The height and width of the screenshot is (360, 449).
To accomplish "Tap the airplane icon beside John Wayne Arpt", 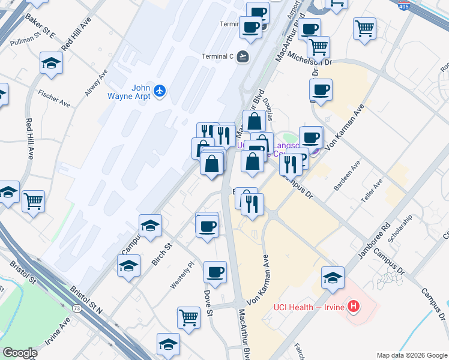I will coord(159,91).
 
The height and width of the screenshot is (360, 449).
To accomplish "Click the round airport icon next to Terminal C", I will coord(243,57).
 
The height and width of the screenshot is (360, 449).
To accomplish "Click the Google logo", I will coord(20,353).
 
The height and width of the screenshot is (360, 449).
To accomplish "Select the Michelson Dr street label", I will coord(310,57).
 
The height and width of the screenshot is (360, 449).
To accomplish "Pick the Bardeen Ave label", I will coord(348,176).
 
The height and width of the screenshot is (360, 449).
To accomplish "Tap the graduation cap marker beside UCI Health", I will coord(333,277).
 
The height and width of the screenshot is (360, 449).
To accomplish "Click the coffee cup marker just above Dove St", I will coord(215,272).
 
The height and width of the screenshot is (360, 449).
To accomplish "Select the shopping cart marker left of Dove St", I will coord(189,317).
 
